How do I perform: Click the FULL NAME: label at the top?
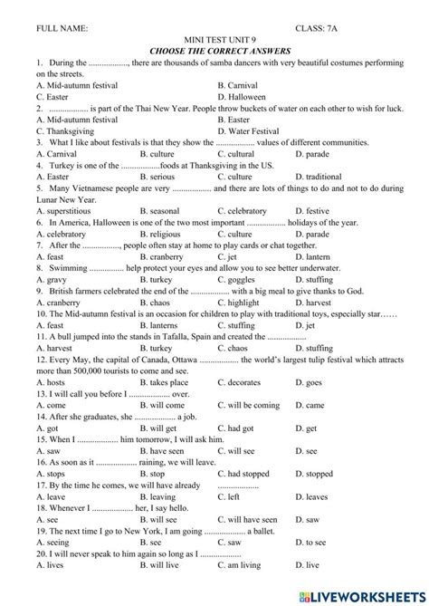[x=62, y=30]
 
